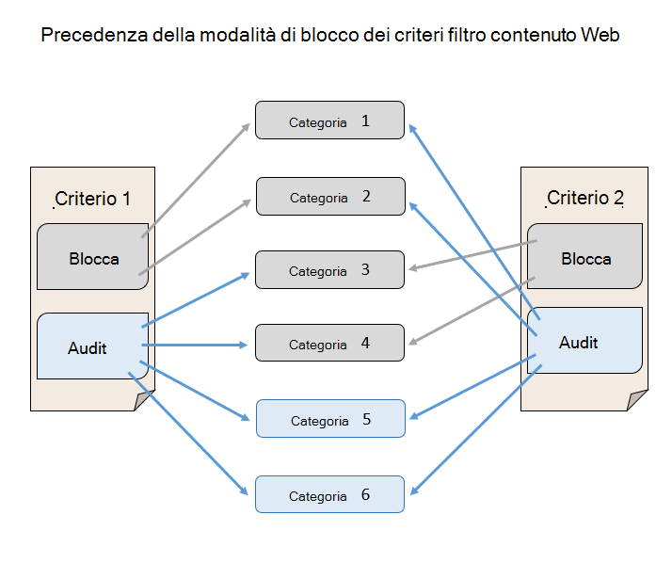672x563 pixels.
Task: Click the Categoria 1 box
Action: (329, 121)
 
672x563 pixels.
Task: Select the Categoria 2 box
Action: (329, 197)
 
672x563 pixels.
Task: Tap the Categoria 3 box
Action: (329, 270)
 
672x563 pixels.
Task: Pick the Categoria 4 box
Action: (329, 344)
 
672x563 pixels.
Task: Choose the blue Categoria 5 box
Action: (329, 419)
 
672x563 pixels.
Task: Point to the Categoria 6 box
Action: (329, 494)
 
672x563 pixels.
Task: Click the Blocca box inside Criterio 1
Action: (93, 257)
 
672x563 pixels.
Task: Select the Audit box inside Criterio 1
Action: (92, 346)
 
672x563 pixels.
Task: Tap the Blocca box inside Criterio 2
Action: (585, 257)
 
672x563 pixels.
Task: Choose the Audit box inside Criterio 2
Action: (585, 341)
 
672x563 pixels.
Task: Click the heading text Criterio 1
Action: (92, 199)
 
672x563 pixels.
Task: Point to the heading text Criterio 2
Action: (584, 198)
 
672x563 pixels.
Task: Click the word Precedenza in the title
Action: (88, 37)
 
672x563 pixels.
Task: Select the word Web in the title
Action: (601, 37)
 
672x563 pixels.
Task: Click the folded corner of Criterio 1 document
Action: (142, 402)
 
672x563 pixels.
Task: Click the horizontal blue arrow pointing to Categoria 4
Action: (198, 346)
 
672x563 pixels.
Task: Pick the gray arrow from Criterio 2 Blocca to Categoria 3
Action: (471, 256)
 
